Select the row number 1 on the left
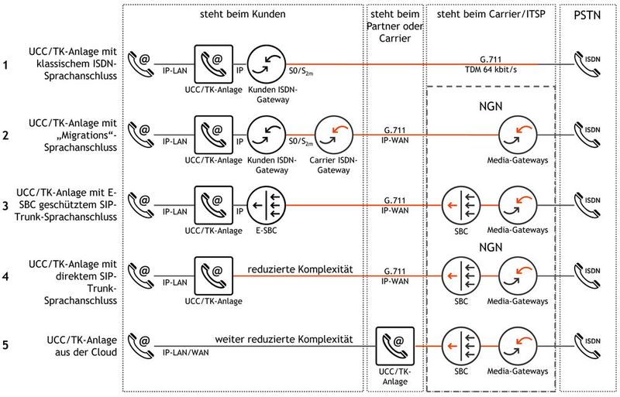6,66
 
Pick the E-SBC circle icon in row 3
265,204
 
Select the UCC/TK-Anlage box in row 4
213,276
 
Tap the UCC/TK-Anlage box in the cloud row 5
393,344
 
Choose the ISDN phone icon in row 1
587,64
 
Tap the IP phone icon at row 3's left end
139,204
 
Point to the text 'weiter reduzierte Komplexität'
284,339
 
